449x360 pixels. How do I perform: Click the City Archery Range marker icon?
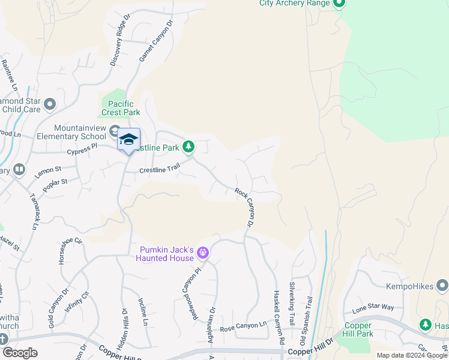338,4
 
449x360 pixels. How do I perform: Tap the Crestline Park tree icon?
188,146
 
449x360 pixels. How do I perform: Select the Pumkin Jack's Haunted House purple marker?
203,253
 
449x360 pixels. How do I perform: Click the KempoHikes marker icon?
442,286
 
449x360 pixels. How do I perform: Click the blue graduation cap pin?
128,140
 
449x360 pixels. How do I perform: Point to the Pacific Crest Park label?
121,108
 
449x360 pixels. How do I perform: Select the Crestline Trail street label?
159,170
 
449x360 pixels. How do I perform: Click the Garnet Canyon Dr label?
155,41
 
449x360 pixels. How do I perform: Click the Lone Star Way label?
373,307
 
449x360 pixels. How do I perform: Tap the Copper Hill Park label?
358,329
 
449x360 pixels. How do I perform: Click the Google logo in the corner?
20,353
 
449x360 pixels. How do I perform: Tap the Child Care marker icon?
49,105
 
